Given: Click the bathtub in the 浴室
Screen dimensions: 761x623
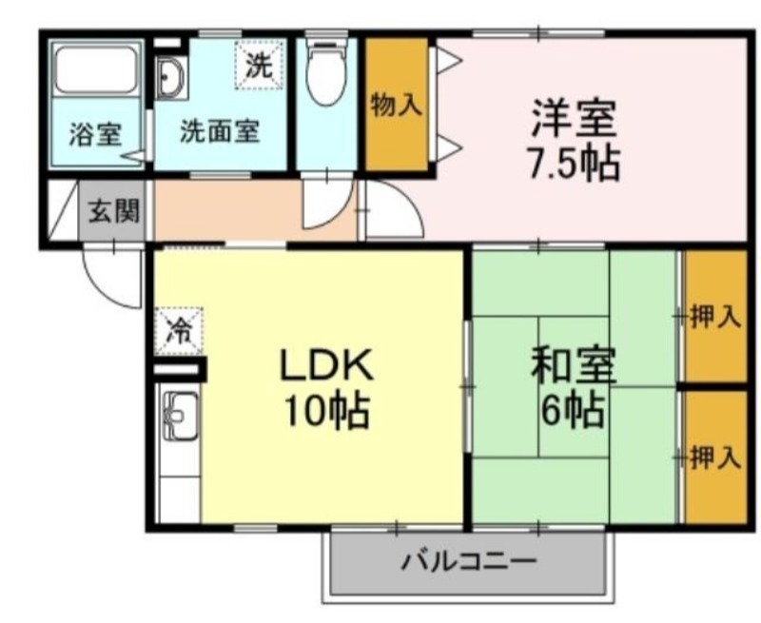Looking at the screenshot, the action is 95,69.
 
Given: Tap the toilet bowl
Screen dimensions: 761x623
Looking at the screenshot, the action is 326,72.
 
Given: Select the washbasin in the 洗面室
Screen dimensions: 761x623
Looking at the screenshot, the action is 171,78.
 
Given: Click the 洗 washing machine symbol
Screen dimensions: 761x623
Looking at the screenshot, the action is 259,65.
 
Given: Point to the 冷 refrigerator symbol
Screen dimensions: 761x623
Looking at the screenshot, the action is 179,331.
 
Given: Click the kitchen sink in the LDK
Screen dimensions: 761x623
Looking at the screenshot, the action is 181,416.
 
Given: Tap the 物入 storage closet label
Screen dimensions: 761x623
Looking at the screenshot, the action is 396,106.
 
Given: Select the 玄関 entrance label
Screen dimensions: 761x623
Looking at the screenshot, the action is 113,211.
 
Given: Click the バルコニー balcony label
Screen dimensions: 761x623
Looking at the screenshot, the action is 468,562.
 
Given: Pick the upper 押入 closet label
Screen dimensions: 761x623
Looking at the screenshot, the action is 715,318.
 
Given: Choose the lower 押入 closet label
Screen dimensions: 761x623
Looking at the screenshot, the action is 715,458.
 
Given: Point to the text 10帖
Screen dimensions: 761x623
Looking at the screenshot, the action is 326,411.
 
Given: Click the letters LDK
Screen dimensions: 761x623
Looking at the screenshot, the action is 325,364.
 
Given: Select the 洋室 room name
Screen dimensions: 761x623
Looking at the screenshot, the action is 574,118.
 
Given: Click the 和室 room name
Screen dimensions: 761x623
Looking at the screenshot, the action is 574,365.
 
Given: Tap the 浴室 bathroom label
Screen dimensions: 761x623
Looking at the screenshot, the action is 95,134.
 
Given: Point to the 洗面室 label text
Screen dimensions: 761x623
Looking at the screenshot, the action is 220,130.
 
